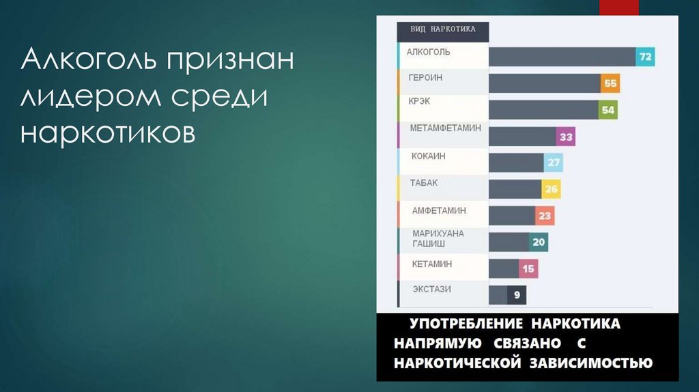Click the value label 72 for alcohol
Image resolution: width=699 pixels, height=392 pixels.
[x=645, y=57]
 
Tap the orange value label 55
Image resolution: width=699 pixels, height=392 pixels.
[x=610, y=83]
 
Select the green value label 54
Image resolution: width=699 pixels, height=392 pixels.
[x=608, y=110]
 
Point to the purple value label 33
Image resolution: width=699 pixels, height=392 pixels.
[x=566, y=137]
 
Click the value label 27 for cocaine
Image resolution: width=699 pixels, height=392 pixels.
[x=553, y=163]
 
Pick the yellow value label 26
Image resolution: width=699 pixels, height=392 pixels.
[x=551, y=189]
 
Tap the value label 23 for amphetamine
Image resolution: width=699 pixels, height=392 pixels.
[x=545, y=216]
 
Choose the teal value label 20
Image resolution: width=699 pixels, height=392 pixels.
[x=539, y=242]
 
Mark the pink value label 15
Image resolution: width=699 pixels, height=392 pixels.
[x=528, y=269]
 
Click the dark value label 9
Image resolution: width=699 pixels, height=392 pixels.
[x=517, y=295]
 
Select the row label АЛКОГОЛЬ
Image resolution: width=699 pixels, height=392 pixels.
[x=428, y=52]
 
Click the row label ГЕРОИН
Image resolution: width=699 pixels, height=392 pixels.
[x=425, y=78]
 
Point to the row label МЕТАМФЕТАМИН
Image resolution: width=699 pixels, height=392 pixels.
[x=445, y=128]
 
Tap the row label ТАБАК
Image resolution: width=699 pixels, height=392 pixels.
[x=424, y=183]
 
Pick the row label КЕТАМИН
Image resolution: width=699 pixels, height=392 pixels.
[x=432, y=264]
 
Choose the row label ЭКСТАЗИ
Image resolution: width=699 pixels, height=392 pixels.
[x=431, y=290]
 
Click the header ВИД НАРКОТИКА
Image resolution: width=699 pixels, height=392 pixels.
[x=442, y=29]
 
